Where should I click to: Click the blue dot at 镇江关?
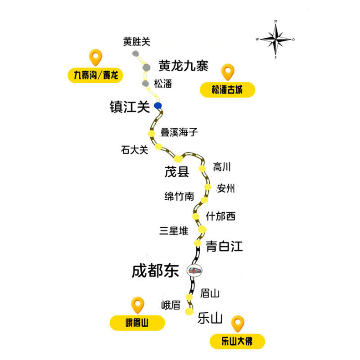158,106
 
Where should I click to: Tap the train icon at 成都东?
195,270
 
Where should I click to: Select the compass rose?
275,39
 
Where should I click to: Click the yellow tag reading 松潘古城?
227,90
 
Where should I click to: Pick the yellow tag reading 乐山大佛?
237,341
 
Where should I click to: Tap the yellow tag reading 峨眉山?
137,323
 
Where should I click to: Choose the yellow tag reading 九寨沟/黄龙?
95,75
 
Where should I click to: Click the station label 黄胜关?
137,41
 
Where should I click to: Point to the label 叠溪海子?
179,132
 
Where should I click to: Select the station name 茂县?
177,172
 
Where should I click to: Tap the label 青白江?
224,246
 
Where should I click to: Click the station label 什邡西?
220,216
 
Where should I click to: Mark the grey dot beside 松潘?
145,84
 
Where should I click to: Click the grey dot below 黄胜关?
135,54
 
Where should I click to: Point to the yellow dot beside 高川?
202,169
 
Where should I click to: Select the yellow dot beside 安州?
207,187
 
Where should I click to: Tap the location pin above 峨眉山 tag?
138,305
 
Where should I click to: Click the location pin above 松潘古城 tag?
228,72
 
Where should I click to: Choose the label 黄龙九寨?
184,66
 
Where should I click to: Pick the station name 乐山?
210,318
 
